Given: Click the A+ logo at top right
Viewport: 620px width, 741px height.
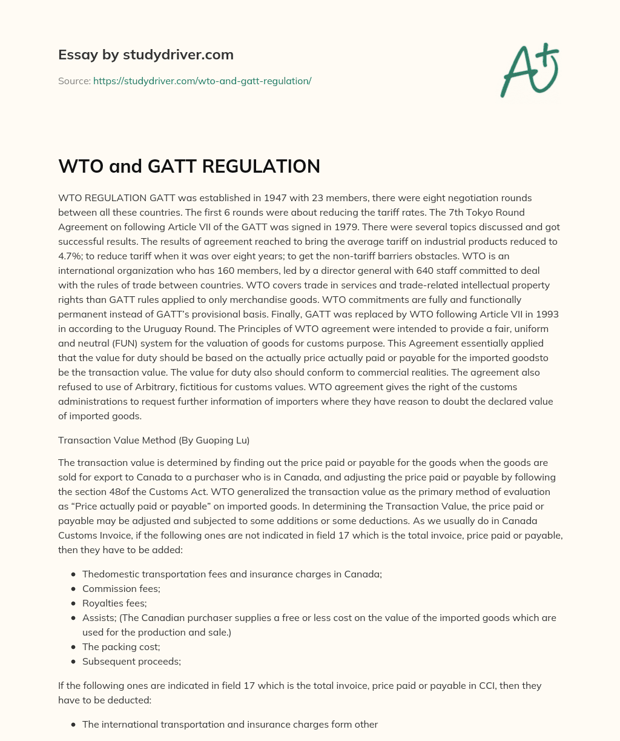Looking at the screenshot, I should (x=529, y=70).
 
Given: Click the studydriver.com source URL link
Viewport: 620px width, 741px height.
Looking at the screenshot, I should (x=202, y=81).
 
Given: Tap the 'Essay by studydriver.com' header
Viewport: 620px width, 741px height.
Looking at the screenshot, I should (x=145, y=55).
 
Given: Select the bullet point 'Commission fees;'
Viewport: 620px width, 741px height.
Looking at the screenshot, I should (x=118, y=589).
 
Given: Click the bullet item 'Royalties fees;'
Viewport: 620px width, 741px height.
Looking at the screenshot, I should (x=114, y=603).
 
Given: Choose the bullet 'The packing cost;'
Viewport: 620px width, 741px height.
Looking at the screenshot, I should (x=121, y=647).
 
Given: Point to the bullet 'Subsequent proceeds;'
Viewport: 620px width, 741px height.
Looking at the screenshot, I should (x=131, y=662).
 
